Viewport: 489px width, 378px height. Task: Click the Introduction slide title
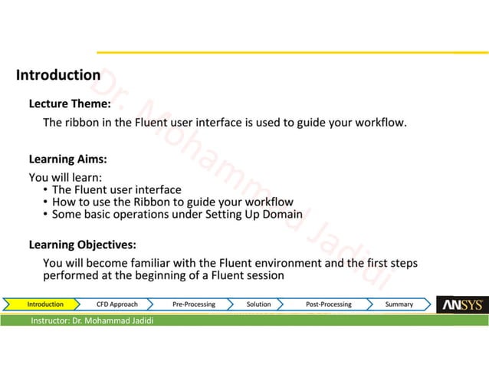click(x=58, y=75)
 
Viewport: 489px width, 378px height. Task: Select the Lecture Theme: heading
click(x=70, y=104)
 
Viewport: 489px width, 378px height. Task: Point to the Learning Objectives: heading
click(x=83, y=245)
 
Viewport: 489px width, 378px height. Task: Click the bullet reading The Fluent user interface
click(x=116, y=189)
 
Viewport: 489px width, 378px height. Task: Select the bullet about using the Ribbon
click(x=172, y=202)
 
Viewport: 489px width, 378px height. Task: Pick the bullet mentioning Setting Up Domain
click(x=176, y=214)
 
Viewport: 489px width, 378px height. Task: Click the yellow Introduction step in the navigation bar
click(x=45, y=304)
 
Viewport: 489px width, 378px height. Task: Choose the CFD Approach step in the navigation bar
click(x=117, y=304)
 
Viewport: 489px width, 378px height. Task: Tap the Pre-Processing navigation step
click(x=193, y=304)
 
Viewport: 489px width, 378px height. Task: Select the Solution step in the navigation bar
click(x=258, y=304)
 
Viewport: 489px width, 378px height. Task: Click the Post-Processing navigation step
click(x=328, y=304)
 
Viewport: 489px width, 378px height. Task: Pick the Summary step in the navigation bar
click(x=399, y=304)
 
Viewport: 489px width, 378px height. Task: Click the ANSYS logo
click(x=462, y=305)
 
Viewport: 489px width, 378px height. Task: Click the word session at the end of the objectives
click(x=264, y=275)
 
